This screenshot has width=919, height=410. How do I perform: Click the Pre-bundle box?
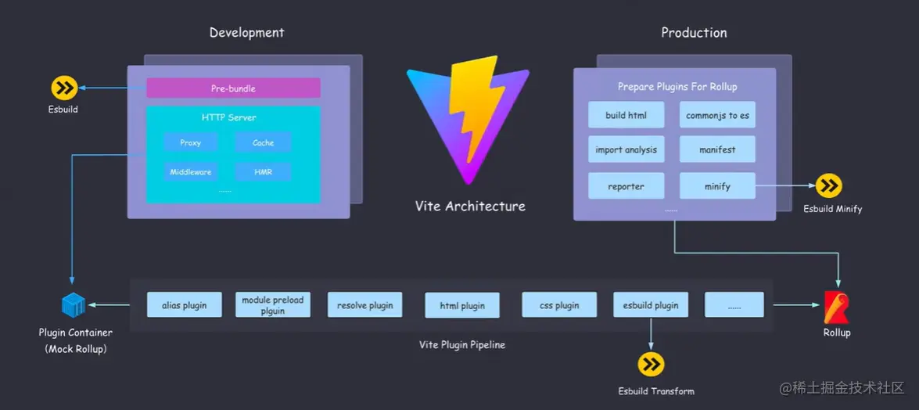(x=233, y=88)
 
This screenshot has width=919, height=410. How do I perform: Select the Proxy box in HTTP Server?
(x=191, y=142)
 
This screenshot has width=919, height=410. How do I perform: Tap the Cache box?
(x=263, y=142)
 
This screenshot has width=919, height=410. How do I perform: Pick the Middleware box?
(x=191, y=172)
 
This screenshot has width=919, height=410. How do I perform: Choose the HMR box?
(x=263, y=172)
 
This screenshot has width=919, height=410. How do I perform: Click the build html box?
(x=626, y=115)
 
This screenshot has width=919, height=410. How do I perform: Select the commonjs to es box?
(x=717, y=115)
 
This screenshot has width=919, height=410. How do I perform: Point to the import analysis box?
(x=626, y=149)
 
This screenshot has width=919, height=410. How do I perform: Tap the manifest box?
(x=717, y=149)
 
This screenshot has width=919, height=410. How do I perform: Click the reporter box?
(x=626, y=186)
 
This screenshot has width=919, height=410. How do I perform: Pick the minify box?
(x=717, y=186)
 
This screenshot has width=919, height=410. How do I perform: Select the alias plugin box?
(x=185, y=305)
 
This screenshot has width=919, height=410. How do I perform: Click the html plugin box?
(x=462, y=305)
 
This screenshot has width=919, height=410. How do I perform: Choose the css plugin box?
(x=559, y=305)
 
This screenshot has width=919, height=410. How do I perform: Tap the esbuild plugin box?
(x=651, y=305)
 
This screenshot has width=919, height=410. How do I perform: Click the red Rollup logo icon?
(x=836, y=307)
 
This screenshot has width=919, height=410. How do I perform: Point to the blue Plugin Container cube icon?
(x=74, y=305)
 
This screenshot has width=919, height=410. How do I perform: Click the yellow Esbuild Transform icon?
(x=652, y=365)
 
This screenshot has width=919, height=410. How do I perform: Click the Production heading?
(x=694, y=33)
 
